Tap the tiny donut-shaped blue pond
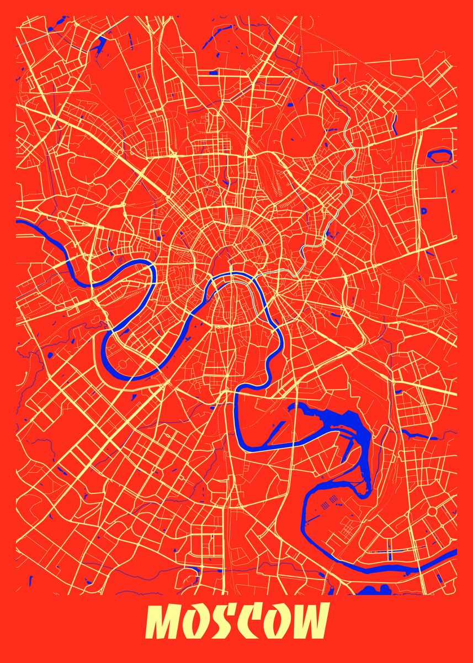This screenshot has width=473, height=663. [x=424, y=211]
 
